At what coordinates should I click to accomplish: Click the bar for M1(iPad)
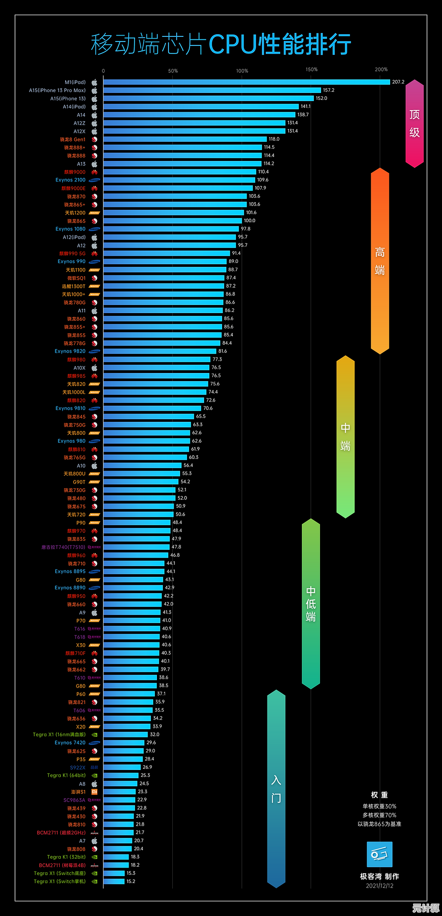[x=247, y=82]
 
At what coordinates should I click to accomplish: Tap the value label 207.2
[x=398, y=82]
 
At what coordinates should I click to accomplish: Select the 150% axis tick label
[x=312, y=69]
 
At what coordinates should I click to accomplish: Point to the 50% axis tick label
[x=173, y=71]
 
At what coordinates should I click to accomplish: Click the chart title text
[x=221, y=45]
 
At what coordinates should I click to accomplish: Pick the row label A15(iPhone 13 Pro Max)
[x=57, y=90]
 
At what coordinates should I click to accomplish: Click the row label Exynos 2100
[x=70, y=180]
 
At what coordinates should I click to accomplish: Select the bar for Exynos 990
[x=165, y=262]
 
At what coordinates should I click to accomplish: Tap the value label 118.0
[x=274, y=139]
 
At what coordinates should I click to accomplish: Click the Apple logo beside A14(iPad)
[x=94, y=107]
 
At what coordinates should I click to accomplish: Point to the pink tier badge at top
[x=415, y=123]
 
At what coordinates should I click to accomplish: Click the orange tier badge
[x=380, y=261]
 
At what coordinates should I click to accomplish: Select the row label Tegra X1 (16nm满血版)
[x=59, y=735]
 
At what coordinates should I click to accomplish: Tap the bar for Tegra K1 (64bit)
[x=121, y=776]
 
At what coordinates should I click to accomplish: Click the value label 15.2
[x=131, y=882]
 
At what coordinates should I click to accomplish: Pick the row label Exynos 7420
[x=70, y=743]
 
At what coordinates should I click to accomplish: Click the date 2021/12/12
[x=379, y=886]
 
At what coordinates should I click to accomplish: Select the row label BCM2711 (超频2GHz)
[x=61, y=833]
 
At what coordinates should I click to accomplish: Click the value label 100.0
[x=250, y=221]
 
